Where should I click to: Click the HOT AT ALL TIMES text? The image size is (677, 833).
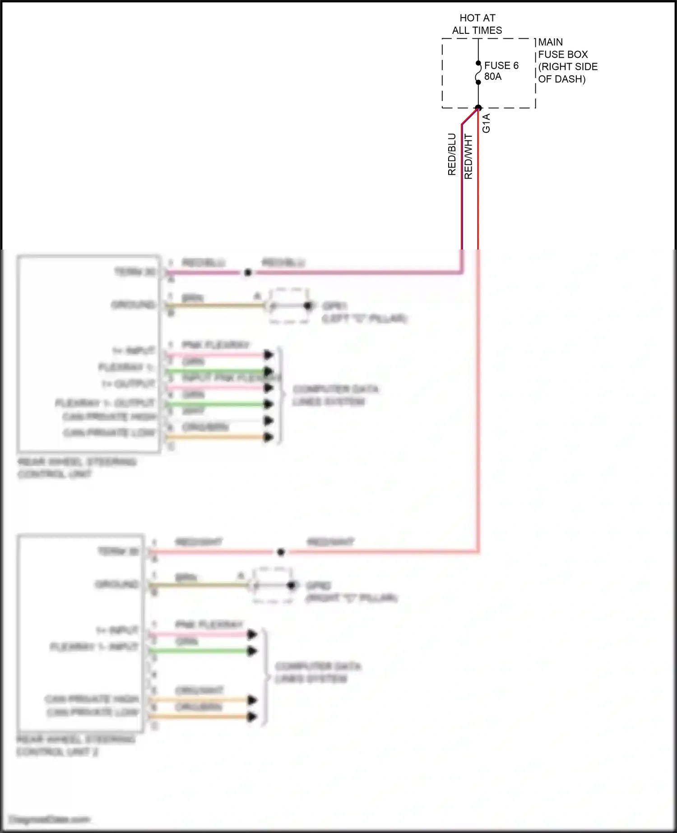click(x=477, y=24)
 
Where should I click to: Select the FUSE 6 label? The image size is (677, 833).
click(x=501, y=65)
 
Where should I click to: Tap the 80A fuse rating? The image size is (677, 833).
click(x=493, y=77)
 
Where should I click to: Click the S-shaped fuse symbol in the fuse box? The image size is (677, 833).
click(x=478, y=73)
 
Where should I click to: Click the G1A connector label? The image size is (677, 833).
click(x=486, y=123)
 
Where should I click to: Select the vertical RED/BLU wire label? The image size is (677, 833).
click(x=452, y=154)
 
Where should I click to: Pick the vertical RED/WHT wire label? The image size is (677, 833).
click(x=468, y=157)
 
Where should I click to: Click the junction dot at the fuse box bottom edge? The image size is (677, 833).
click(x=478, y=108)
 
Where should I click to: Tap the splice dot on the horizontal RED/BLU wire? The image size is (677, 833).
click(x=247, y=273)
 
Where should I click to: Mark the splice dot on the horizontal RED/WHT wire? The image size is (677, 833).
click(x=281, y=552)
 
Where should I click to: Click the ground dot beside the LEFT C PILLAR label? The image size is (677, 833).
click(x=308, y=306)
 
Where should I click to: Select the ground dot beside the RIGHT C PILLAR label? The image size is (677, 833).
click(x=292, y=586)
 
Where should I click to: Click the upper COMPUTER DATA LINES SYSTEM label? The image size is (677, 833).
click(x=335, y=395)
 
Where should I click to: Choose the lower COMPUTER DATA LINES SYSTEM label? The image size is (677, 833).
click(x=318, y=672)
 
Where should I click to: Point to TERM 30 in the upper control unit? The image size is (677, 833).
click(x=134, y=272)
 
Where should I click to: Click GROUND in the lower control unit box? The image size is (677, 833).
click(x=117, y=585)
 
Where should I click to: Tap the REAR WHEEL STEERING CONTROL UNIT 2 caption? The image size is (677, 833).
click(x=76, y=745)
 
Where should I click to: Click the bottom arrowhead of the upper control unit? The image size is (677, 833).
click(x=269, y=437)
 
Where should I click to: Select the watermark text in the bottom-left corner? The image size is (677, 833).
click(x=50, y=819)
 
